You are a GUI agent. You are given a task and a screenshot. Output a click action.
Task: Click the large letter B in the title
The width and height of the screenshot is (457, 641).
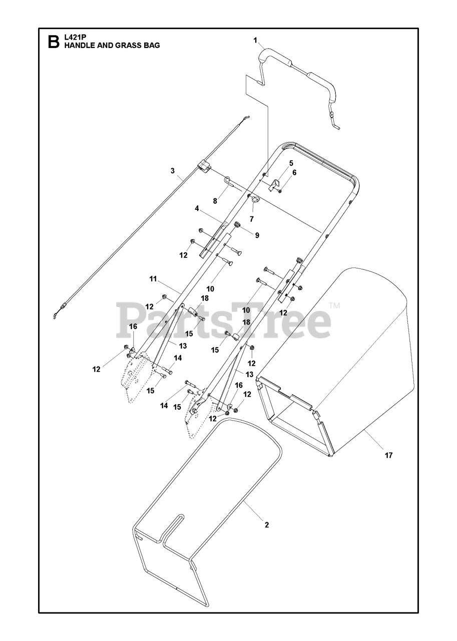pyautogui.click(x=53, y=42)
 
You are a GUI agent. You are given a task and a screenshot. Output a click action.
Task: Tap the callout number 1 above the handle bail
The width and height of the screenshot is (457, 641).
pyautogui.click(x=255, y=40)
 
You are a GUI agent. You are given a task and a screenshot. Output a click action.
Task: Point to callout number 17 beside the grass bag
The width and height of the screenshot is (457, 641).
pyautogui.click(x=389, y=455)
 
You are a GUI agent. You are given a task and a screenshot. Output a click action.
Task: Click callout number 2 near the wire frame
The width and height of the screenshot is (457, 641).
pyautogui.click(x=267, y=525)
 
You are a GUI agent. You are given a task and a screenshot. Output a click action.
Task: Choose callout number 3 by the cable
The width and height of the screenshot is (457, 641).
pyautogui.click(x=173, y=171)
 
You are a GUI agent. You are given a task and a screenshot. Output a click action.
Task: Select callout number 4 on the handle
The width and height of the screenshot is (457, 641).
pyautogui.click(x=197, y=207)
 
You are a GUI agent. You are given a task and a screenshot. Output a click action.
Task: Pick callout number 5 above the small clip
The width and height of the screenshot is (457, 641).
pyautogui.click(x=291, y=163)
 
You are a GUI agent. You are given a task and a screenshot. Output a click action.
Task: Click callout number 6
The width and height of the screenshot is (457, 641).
pyautogui.click(x=294, y=172)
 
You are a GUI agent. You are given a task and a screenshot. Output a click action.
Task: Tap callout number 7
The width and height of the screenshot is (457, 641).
pyautogui.click(x=252, y=219)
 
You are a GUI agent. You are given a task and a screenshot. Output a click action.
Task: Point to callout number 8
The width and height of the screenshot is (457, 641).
pyautogui.click(x=215, y=201)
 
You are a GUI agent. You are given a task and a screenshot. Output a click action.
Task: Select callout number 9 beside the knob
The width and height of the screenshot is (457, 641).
pyautogui.click(x=257, y=235)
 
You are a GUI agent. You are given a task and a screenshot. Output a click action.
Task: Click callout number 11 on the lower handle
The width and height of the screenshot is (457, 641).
pyautogui.click(x=153, y=278)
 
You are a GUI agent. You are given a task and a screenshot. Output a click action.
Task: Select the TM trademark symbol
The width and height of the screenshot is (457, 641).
pyautogui.click(x=334, y=305)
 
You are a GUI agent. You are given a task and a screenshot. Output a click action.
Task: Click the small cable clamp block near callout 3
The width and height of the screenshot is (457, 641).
pyautogui.click(x=203, y=166)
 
